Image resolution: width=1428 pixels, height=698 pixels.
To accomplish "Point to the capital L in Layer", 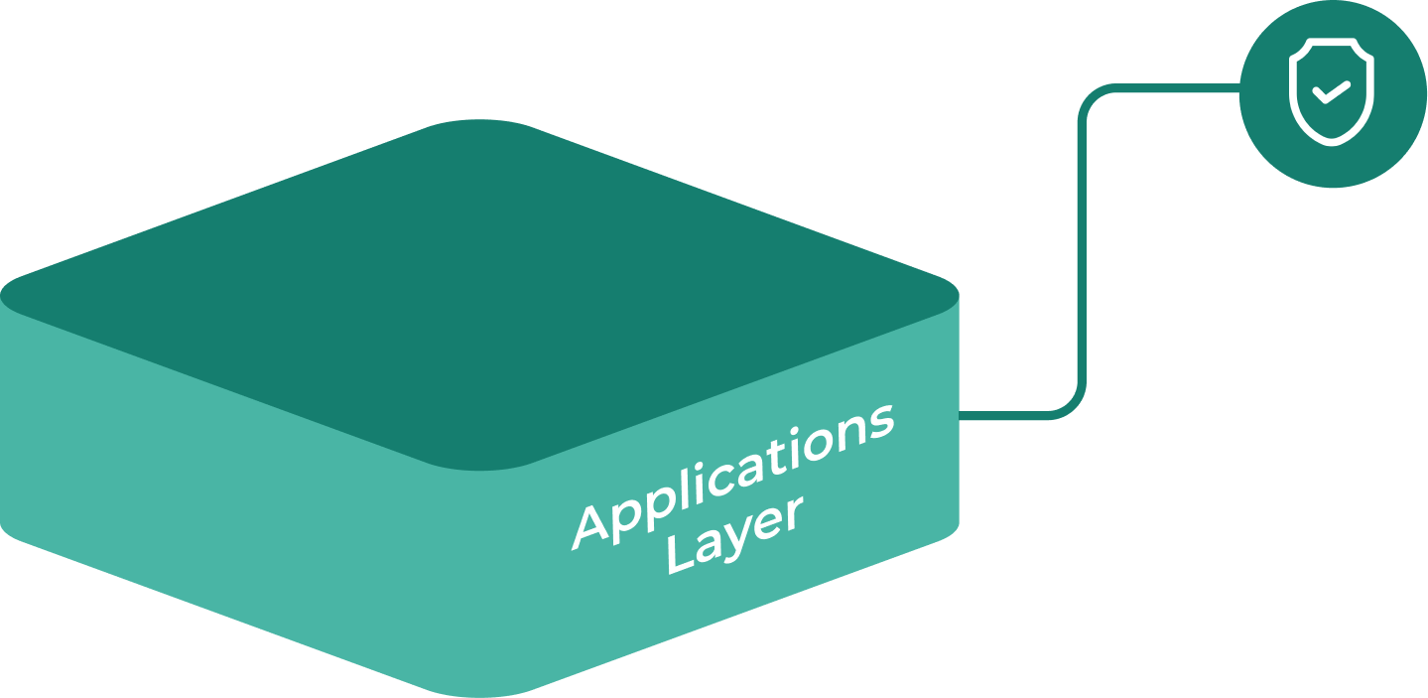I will pyautogui.click(x=680, y=558).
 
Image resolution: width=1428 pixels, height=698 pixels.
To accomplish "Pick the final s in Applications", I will pyautogui.click(x=879, y=421).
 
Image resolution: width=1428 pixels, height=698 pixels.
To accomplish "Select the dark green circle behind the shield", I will pyautogui.click(x=1389, y=149).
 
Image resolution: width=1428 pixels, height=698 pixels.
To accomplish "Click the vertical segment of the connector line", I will pyautogui.click(x=1083, y=248).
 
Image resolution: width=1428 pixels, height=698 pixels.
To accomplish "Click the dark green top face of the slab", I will pyautogui.click(x=476, y=288).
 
